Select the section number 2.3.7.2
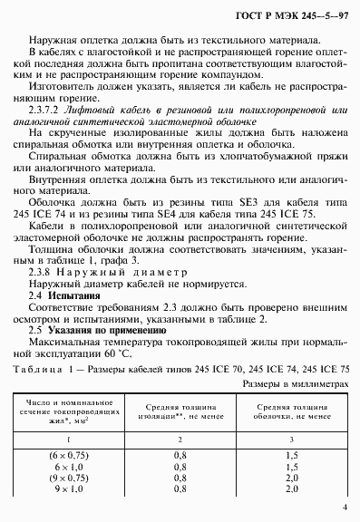click(x=49, y=133)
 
